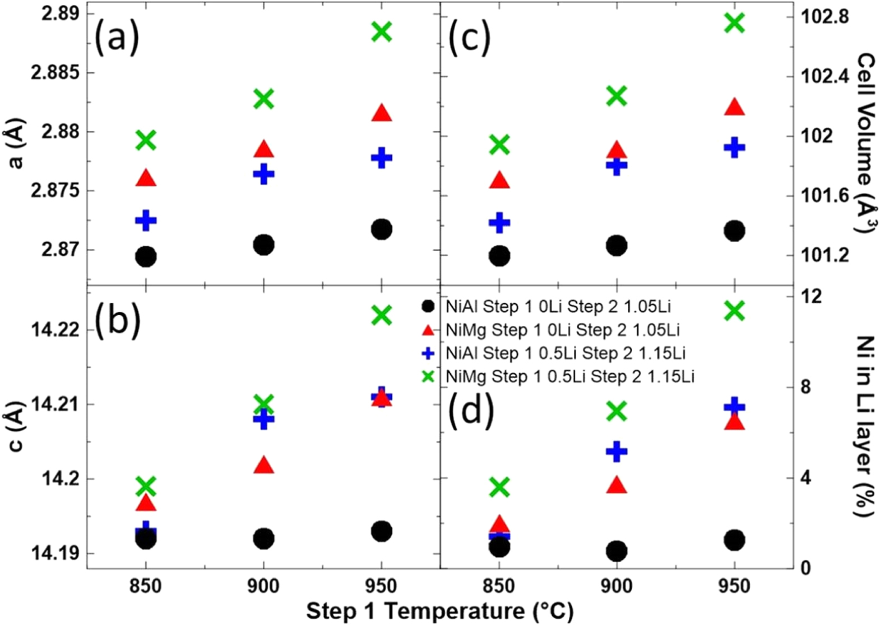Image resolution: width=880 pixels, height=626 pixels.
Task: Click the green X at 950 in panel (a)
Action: point(382,32)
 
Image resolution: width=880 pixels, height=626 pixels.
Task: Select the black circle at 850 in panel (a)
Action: point(146,257)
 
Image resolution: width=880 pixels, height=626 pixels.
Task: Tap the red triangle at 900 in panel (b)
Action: point(263,466)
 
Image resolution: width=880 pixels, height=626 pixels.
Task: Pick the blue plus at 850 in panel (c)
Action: point(499,223)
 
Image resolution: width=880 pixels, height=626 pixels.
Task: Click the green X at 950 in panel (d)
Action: point(734,310)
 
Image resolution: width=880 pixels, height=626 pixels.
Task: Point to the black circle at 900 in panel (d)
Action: point(617,551)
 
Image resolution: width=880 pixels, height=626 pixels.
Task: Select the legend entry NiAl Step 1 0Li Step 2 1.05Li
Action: point(558,307)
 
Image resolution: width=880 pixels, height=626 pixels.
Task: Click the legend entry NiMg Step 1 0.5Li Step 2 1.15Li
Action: point(569,376)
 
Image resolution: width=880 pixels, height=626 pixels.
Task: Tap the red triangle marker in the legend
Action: point(428,330)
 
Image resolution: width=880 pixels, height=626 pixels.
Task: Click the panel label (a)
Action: point(117,38)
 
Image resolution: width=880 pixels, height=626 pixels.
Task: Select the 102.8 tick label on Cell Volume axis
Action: point(825,17)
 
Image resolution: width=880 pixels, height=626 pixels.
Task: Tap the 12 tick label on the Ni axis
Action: point(812,296)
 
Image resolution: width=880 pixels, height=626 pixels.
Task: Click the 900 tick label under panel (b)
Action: point(263,587)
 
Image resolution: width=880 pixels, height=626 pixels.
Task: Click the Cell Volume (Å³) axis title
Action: point(867,143)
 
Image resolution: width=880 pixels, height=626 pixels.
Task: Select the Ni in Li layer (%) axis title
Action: point(867,426)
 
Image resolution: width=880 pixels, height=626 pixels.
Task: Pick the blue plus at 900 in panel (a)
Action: point(263,174)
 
